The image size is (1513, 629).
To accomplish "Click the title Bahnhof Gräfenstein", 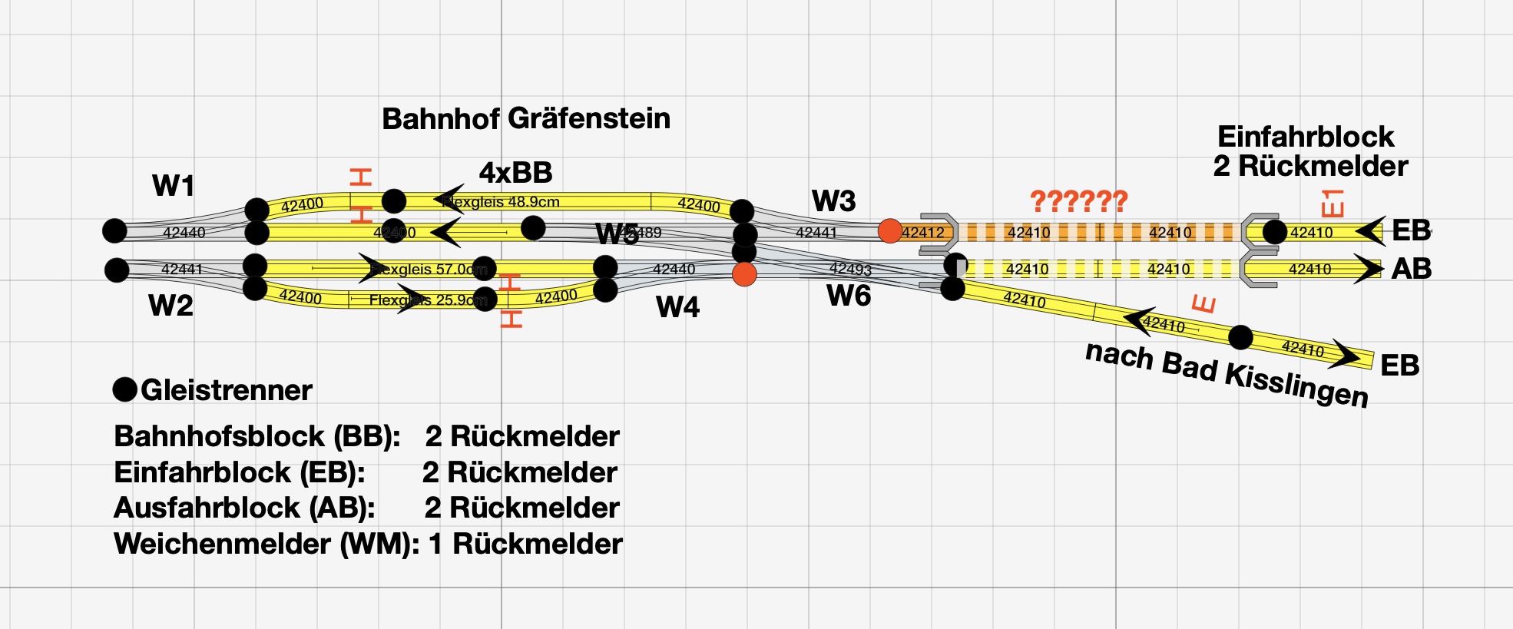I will (526, 119).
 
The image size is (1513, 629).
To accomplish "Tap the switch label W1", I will (173, 186).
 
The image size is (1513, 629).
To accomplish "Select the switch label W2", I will (171, 306).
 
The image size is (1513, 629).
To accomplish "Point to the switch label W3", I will (833, 201).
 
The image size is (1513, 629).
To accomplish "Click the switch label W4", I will (677, 307).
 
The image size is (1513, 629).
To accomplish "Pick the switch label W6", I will (849, 296).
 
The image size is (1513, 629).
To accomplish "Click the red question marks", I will (1078, 201).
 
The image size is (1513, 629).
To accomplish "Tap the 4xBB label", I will (515, 173).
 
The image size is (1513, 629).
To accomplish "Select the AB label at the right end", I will (1411, 269).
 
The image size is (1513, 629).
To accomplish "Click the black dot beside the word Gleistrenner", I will (125, 390).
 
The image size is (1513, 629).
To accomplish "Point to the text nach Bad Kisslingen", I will (1227, 374).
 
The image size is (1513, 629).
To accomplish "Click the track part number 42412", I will (922, 232).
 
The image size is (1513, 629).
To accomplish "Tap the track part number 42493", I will (850, 268).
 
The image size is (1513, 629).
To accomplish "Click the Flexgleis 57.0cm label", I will (430, 270).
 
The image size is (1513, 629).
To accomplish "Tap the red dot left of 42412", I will (889, 231).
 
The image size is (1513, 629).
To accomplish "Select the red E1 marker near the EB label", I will (1333, 204).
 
